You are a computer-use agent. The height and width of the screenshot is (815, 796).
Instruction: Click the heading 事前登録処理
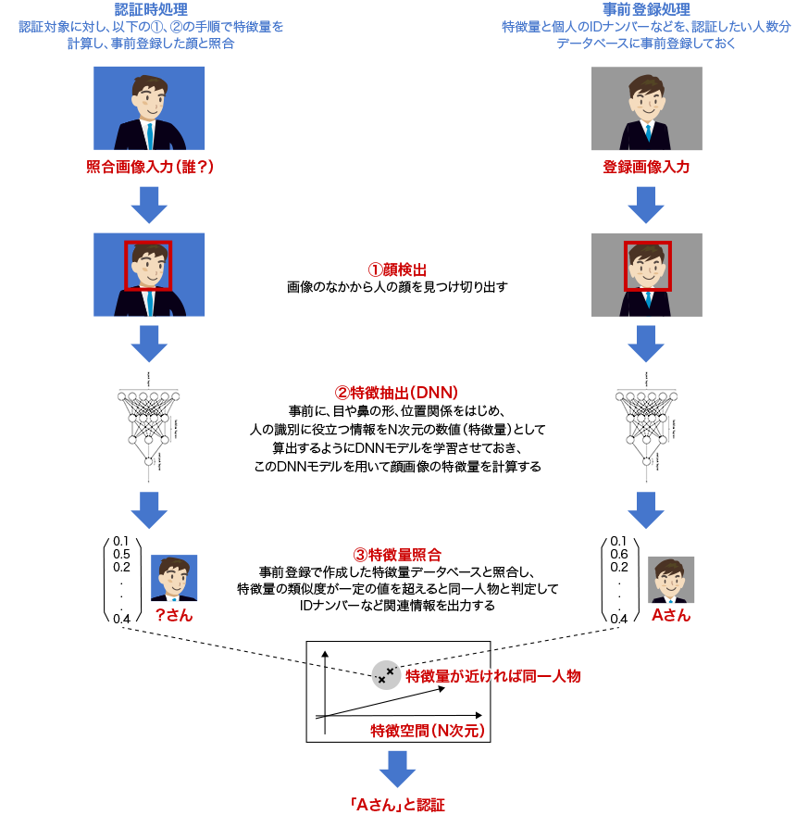646,10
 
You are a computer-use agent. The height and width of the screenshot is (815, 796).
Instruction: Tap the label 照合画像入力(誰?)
150,168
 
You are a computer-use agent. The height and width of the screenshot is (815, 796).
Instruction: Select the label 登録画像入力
646,168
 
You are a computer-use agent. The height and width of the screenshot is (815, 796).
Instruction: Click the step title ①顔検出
397,270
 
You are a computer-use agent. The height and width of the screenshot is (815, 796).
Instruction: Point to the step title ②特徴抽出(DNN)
397,393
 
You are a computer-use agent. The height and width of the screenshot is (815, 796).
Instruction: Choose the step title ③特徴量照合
397,555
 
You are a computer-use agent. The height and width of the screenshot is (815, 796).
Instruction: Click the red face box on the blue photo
148,266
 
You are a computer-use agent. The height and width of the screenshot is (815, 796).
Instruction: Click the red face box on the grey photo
647,266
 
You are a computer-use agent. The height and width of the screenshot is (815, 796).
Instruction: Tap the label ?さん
173,615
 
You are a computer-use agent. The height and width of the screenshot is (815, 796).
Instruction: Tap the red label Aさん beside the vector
671,615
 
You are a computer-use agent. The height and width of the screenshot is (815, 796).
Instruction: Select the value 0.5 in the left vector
121,555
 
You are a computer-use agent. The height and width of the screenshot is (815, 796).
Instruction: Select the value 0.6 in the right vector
618,555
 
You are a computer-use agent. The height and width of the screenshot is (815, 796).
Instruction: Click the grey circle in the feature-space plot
385,674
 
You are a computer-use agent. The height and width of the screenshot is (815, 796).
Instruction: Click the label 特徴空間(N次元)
427,730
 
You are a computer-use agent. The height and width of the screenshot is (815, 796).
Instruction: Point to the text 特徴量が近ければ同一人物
492,676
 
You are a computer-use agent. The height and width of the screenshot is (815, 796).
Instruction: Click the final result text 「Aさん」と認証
398,803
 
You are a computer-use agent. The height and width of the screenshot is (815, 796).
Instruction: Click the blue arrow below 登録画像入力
646,204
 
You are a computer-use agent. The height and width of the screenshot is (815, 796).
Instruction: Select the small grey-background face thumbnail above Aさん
671,580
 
